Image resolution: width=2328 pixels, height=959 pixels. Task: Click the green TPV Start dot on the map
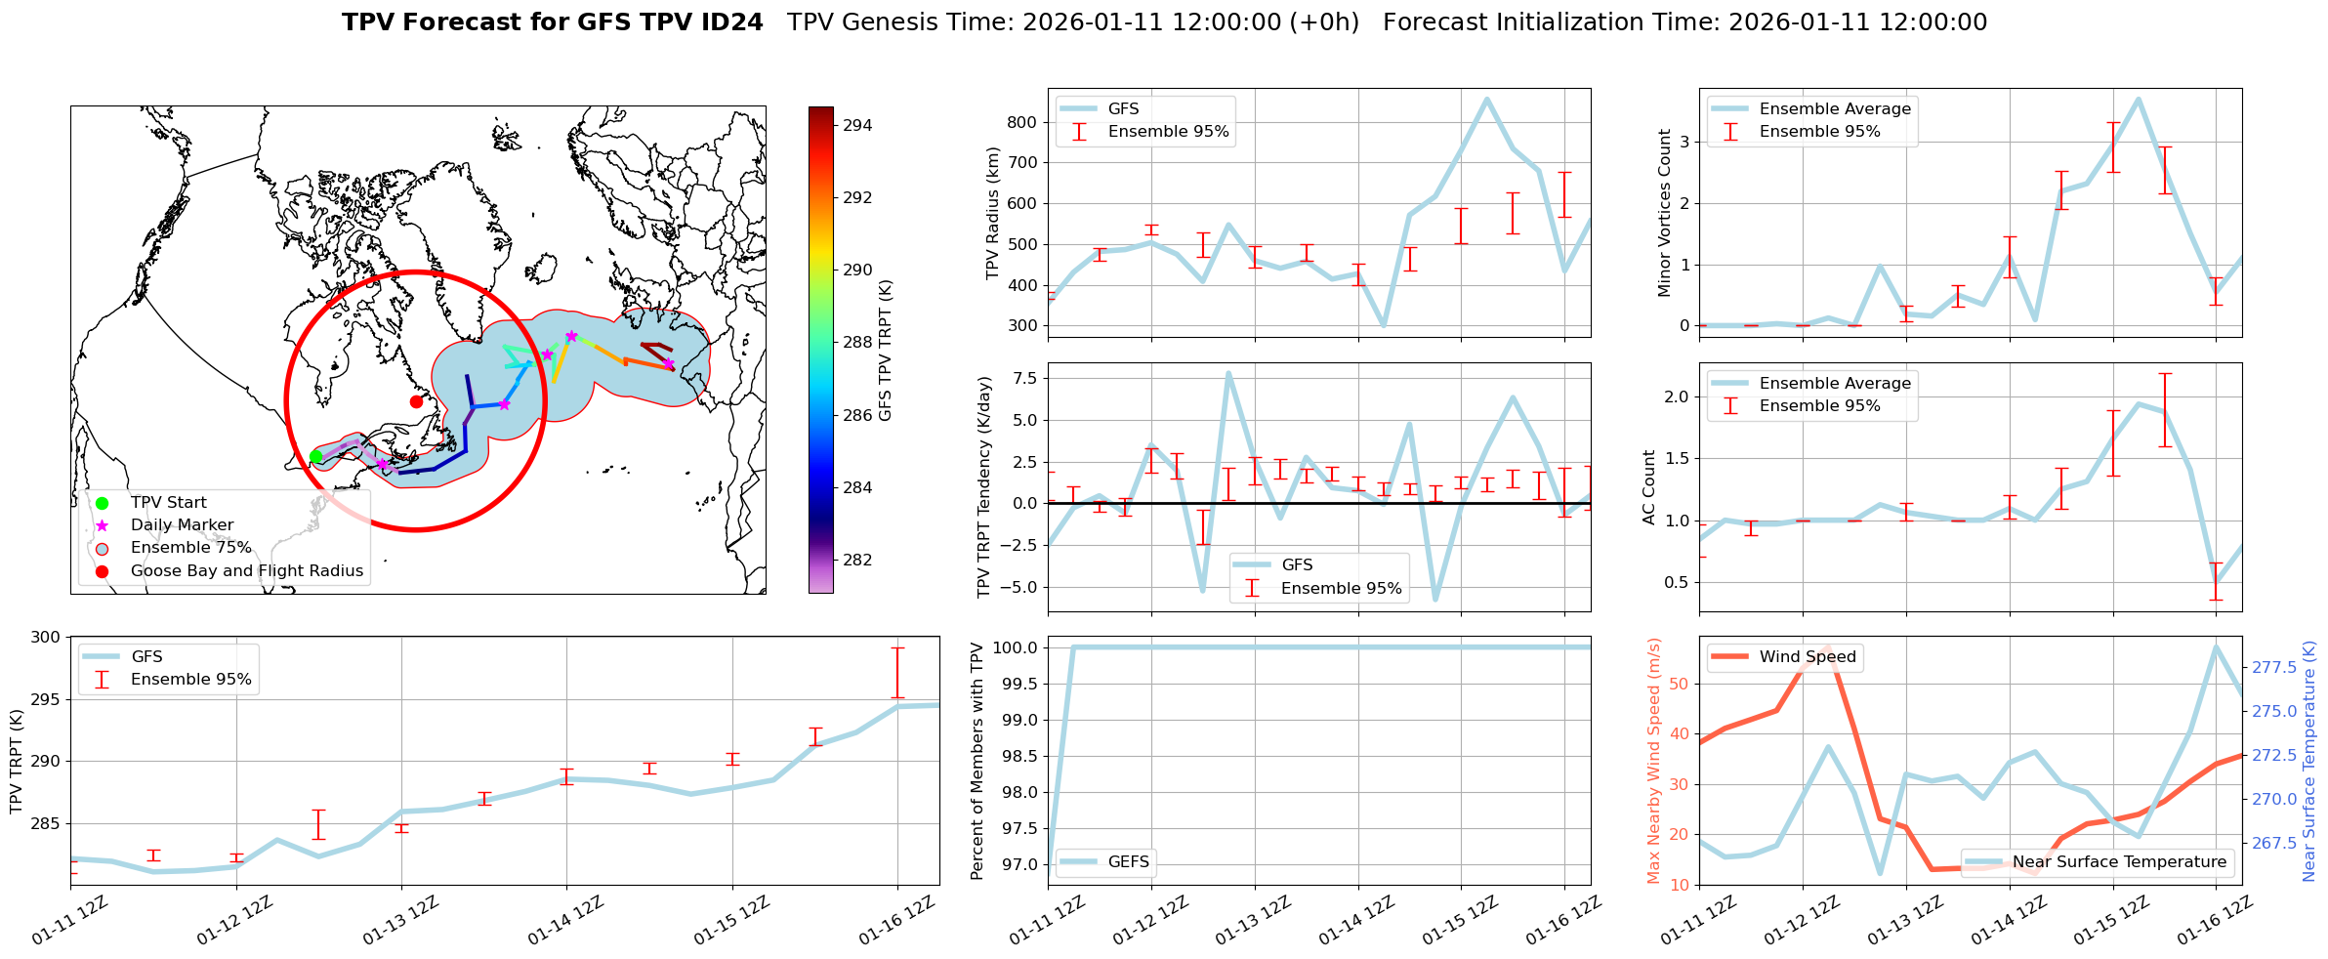coord(315,456)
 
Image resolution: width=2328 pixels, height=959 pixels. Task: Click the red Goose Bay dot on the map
coord(416,401)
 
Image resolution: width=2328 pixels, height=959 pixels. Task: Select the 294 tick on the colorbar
coord(857,125)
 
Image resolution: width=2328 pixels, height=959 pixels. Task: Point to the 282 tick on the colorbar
coord(857,560)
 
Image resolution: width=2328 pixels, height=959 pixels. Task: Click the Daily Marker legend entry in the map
coord(182,525)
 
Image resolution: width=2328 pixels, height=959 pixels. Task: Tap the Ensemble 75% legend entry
coord(190,548)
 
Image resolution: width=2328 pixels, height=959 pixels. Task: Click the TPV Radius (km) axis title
coord(993,213)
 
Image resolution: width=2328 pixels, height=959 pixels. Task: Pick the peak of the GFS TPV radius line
coord(1487,99)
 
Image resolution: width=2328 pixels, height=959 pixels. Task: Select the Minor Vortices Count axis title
coord(1665,213)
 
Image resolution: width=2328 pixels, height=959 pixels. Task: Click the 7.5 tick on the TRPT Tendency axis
coord(1026,378)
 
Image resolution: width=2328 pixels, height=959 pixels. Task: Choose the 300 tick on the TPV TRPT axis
coord(47,637)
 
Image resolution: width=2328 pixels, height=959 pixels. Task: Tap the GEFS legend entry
coord(1128,861)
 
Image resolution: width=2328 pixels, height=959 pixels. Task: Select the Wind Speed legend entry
coord(1807,657)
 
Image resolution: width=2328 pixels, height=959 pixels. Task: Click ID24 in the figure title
coord(727,22)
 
